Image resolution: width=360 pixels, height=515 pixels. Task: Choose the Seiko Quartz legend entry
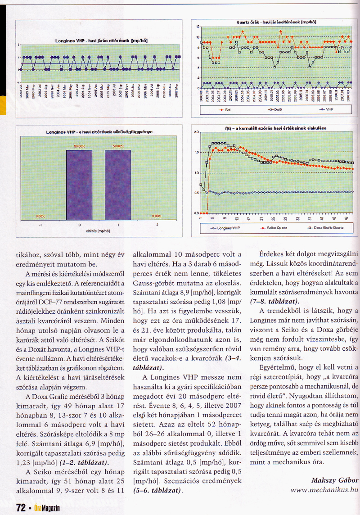pos(273,228)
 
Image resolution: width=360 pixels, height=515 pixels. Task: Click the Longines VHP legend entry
pos(223,228)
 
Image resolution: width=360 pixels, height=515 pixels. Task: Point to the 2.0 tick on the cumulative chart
pos(197,133)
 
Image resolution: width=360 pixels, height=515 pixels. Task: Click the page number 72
pos(20,508)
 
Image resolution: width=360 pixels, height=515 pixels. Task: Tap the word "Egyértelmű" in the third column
pos(279,367)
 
